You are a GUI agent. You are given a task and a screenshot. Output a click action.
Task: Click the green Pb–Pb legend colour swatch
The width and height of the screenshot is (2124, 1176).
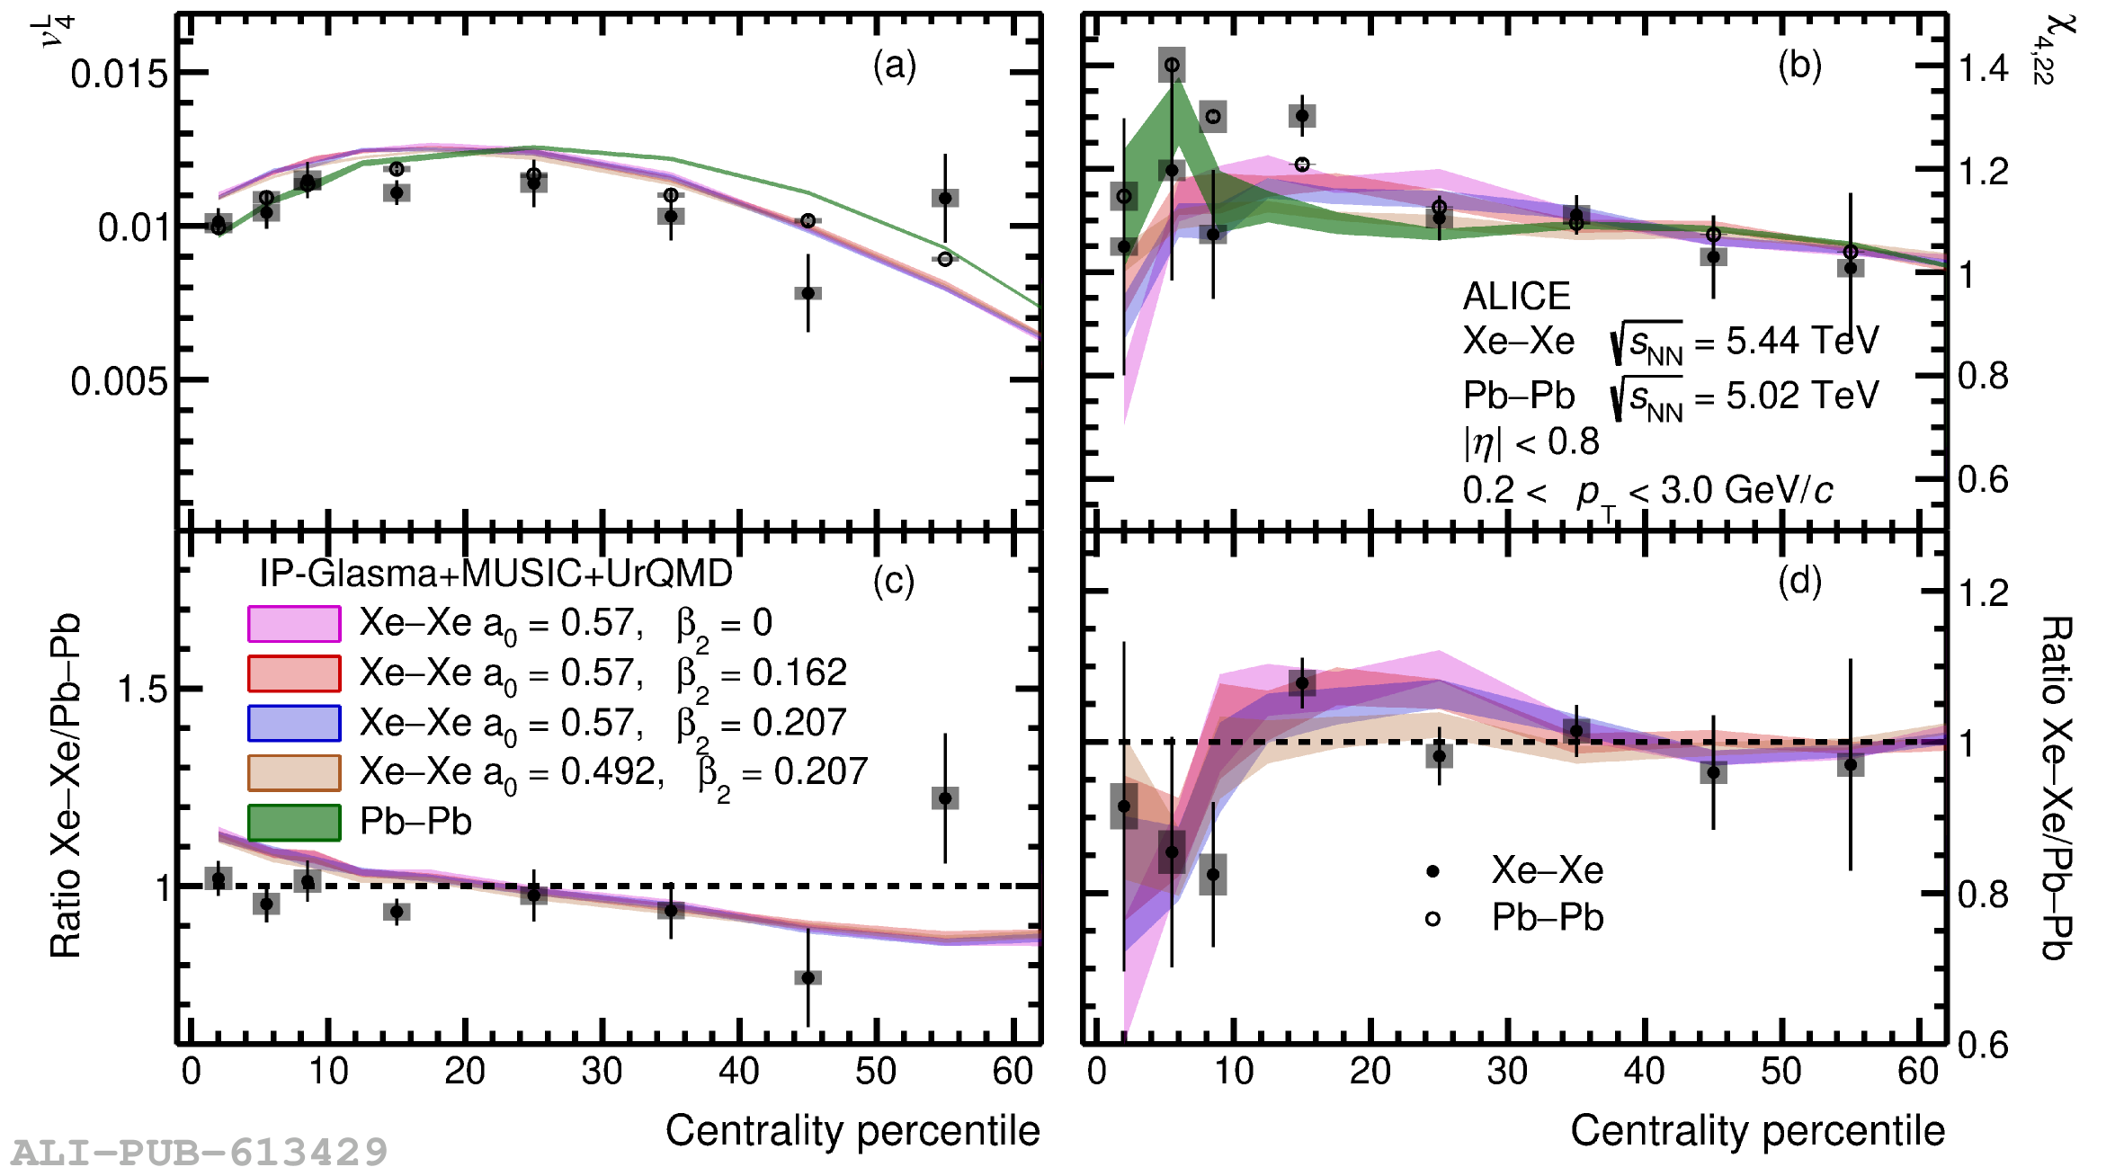tap(294, 822)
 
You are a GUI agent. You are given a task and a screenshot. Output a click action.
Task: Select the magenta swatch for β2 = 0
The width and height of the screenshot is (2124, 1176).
tap(294, 624)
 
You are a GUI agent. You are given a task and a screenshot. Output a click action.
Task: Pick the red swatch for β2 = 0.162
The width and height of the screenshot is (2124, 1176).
tap(294, 673)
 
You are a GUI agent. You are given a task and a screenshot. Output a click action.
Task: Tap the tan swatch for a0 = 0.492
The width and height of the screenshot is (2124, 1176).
tap(294, 772)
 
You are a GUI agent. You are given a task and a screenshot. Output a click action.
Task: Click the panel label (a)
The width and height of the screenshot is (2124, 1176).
tap(894, 66)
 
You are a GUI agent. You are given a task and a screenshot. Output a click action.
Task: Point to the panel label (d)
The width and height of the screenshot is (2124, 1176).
tap(1799, 582)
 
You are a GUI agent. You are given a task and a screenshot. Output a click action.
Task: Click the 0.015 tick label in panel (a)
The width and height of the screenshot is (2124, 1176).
tap(119, 74)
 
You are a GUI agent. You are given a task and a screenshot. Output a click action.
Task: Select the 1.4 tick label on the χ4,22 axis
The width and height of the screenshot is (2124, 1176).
tap(1983, 68)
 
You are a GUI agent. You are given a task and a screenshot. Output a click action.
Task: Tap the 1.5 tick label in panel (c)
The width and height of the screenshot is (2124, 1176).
tap(142, 690)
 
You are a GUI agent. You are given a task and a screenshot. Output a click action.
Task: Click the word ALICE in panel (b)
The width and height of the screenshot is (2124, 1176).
tap(1516, 296)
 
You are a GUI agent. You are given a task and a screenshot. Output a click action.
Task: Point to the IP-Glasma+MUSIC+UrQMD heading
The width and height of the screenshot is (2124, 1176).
tap(495, 574)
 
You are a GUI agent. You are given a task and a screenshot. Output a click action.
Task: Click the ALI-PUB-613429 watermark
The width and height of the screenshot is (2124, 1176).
tap(200, 1152)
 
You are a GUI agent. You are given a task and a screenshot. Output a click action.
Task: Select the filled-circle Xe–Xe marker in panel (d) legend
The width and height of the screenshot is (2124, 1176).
tap(1433, 870)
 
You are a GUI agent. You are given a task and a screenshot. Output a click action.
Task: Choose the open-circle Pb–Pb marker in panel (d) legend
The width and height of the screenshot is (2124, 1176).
tap(1433, 919)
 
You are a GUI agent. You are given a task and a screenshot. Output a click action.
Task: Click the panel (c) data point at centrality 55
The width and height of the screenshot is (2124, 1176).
tap(945, 798)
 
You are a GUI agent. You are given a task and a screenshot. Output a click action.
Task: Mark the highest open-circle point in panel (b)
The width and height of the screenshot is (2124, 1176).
tap(1172, 65)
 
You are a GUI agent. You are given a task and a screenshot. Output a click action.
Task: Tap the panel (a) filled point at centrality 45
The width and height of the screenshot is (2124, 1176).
tap(808, 293)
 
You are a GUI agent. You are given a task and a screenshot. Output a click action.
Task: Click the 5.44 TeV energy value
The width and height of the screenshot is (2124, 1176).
tap(1802, 341)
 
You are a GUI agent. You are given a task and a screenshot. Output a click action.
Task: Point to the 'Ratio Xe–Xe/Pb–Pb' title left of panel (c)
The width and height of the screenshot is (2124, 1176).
tap(66, 786)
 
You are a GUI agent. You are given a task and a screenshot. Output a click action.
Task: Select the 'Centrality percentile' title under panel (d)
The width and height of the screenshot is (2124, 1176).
tap(1757, 1130)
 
